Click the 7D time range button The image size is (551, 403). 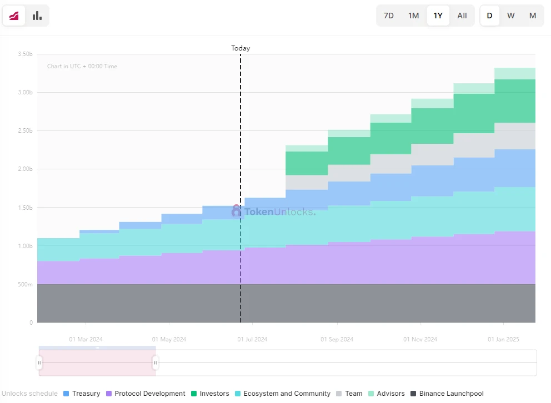389,16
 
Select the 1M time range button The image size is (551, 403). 414,16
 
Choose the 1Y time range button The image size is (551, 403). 438,16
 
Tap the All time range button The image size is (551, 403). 462,16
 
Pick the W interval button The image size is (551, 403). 511,16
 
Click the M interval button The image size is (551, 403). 533,16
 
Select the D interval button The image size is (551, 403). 489,16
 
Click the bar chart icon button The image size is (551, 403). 37,16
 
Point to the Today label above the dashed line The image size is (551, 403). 241,48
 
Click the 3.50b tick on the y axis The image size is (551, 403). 26,54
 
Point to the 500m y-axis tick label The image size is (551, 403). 26,284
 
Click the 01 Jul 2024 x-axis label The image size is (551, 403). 252,339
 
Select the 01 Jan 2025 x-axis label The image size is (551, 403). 503,339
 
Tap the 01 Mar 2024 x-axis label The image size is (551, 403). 86,339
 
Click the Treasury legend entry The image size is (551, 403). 82,394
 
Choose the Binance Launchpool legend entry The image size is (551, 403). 447,394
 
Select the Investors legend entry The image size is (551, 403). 209,394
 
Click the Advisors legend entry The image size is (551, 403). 386,394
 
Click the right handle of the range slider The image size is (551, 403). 155,363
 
